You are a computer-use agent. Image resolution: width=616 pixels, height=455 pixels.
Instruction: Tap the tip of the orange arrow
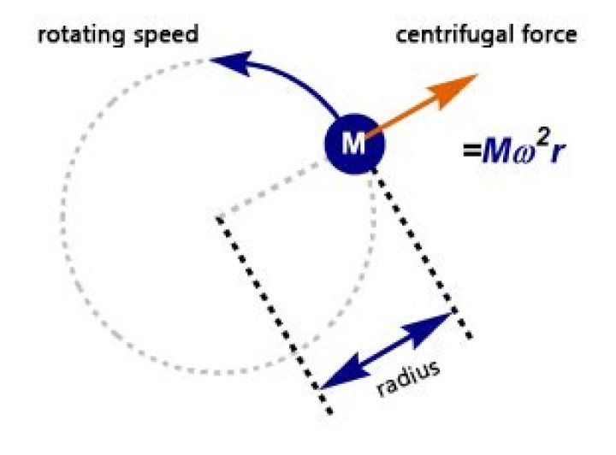click(x=476, y=75)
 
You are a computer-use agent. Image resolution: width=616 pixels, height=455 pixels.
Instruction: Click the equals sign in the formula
click(x=471, y=151)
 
